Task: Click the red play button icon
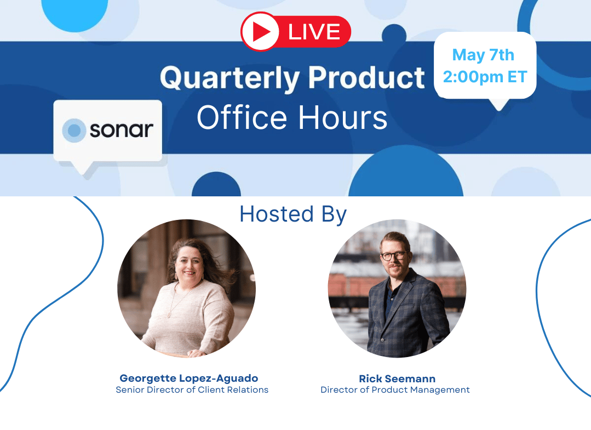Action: [260, 31]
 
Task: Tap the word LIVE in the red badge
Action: [314, 32]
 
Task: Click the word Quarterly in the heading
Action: [229, 78]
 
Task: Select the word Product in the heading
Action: [366, 77]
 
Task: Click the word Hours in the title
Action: [343, 117]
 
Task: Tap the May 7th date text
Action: [483, 55]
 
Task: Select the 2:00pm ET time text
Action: [485, 77]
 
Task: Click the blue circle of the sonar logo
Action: [74, 130]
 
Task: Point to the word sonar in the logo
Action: [122, 130]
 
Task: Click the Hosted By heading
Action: [293, 214]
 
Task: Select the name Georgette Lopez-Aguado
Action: [189, 378]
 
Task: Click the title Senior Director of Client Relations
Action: [192, 389]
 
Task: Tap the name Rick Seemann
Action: [397, 378]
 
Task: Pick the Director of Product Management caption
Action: [395, 389]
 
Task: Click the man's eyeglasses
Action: [394, 256]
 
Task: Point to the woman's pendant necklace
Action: [169, 313]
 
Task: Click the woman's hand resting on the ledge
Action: [197, 353]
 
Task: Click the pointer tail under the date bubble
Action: [498, 104]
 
